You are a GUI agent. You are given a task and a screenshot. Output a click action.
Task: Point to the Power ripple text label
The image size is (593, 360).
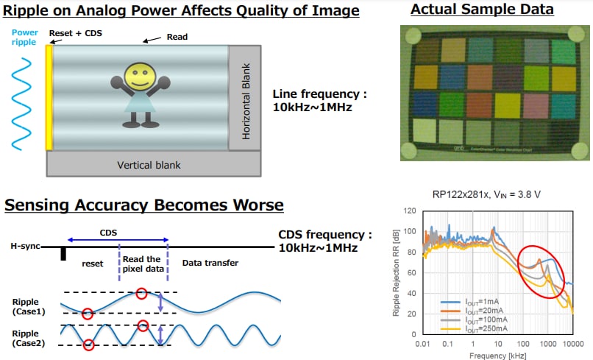[24, 38]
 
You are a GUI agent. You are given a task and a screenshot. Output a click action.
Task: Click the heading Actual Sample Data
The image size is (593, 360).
[482, 10]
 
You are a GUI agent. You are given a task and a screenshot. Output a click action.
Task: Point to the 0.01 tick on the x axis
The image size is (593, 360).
[422, 343]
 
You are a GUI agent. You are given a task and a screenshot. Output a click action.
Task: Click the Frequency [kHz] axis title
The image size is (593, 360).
[497, 354]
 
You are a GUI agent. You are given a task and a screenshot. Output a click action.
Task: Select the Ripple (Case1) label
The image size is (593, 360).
[27, 305]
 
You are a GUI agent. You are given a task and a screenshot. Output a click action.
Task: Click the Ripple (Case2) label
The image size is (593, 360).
[27, 338]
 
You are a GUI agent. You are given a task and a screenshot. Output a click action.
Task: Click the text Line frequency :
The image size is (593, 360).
[319, 94]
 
